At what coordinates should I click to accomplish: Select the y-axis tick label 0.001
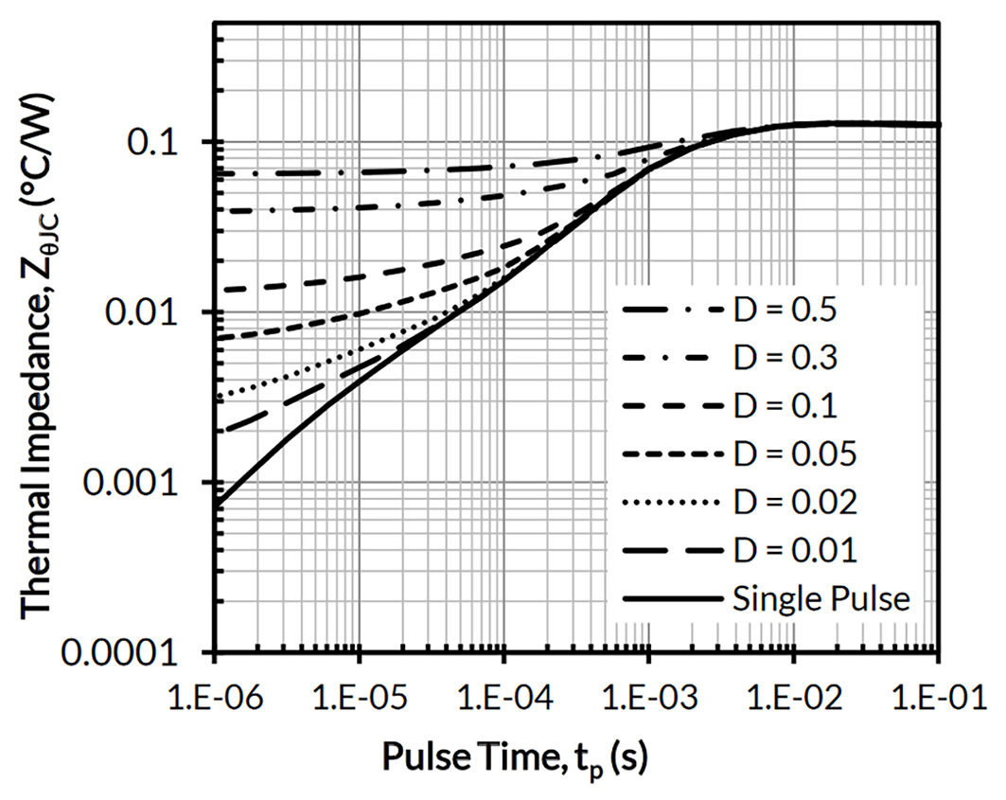tap(147, 483)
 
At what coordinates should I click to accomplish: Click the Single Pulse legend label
tap(821, 598)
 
